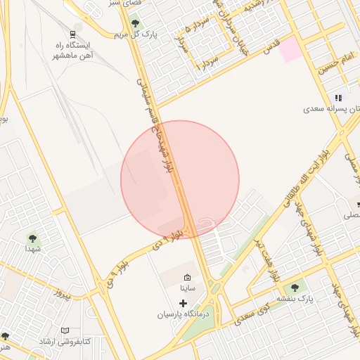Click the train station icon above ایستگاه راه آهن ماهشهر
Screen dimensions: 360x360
[x=72, y=33]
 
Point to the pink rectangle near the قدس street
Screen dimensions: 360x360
[x=290, y=49]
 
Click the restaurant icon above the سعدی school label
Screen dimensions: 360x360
[x=338, y=98]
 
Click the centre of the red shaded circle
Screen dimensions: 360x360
[x=180, y=180]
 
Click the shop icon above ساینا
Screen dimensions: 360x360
[x=187, y=276]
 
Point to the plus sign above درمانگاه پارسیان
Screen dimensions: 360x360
[x=184, y=303]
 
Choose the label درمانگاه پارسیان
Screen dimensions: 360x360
[x=182, y=315]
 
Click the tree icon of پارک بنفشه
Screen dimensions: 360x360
[x=295, y=287]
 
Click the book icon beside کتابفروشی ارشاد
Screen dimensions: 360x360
[x=65, y=330]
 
